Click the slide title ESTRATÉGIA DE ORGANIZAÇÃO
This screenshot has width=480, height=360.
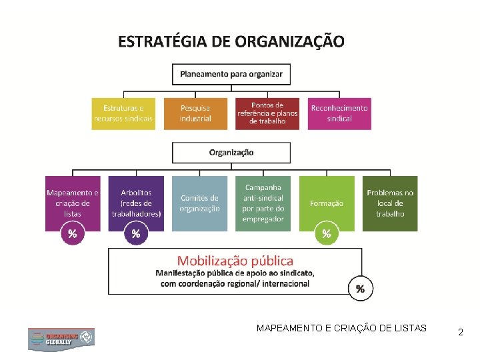click(231, 42)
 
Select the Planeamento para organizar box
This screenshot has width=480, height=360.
click(231, 73)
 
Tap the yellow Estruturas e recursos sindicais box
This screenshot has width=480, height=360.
click(123, 113)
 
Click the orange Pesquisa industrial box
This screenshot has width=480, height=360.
click(195, 113)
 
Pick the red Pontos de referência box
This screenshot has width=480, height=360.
click(267, 113)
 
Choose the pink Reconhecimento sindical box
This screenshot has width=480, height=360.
click(339, 113)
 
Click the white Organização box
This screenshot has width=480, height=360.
click(231, 152)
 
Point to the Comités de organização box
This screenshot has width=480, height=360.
click(199, 203)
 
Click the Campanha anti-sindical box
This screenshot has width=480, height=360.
click(263, 203)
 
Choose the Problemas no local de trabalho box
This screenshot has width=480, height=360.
click(390, 203)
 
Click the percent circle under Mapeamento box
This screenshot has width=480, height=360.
click(72, 233)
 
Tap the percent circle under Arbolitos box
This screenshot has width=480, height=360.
click(136, 233)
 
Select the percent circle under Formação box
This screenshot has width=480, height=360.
click(327, 233)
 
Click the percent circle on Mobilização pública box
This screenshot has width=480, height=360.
click(361, 289)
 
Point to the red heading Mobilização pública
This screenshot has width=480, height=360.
click(235, 261)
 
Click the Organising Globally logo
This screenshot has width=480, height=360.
click(61, 339)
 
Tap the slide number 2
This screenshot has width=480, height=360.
click(461, 331)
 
